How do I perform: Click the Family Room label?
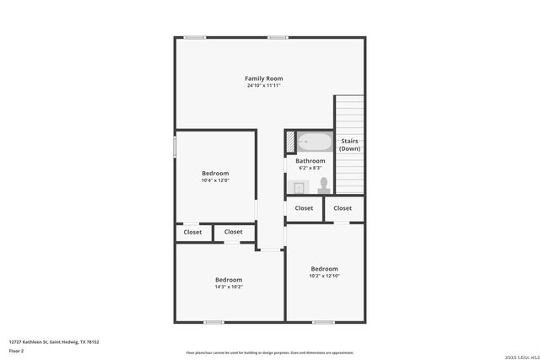click(263, 78)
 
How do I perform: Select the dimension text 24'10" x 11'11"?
click(263, 86)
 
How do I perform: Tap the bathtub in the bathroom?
click(316, 142)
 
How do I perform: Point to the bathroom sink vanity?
click(298, 186)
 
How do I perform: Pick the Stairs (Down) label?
click(349, 145)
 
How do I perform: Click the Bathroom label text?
click(310, 161)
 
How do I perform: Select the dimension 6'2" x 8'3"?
click(310, 168)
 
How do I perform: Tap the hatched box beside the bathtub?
click(289, 142)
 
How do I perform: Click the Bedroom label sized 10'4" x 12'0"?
click(215, 173)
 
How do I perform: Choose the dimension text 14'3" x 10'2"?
click(228, 287)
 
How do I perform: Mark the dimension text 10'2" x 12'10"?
click(324, 276)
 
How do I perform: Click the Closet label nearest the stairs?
click(343, 208)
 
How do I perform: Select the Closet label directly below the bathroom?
click(304, 208)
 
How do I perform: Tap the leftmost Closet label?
click(192, 232)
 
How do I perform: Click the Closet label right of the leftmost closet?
click(234, 232)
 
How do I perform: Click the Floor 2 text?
click(16, 350)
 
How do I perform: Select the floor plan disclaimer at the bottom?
click(270, 352)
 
